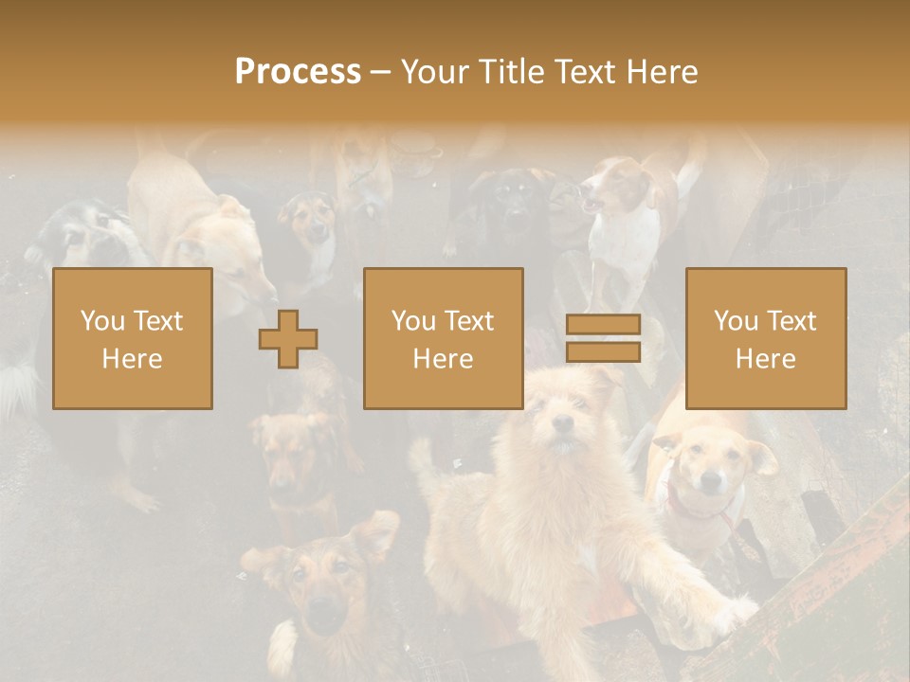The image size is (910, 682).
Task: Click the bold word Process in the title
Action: click(x=298, y=72)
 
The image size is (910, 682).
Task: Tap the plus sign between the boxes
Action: click(x=287, y=338)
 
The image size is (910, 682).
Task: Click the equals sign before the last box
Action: click(x=603, y=338)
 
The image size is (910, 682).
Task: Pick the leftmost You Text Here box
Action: click(x=133, y=338)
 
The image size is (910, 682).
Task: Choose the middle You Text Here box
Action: click(x=444, y=338)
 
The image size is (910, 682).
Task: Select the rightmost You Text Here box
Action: click(x=766, y=338)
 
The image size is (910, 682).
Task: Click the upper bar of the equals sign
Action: click(x=603, y=324)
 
